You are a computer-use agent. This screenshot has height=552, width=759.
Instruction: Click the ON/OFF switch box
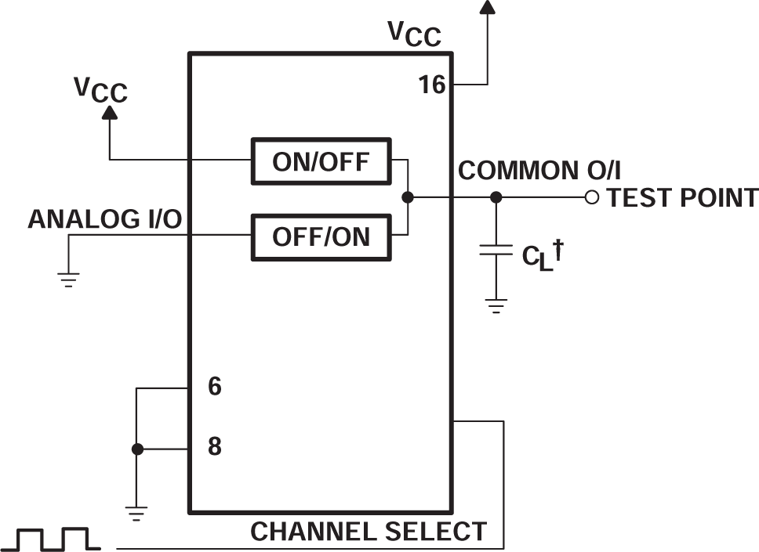(x=320, y=161)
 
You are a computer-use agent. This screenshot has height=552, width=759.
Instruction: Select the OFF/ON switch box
(x=320, y=236)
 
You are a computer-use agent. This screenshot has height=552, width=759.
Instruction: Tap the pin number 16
(x=432, y=85)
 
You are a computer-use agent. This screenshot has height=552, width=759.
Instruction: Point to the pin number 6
(x=214, y=387)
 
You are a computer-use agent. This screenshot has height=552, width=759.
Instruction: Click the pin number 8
(x=214, y=448)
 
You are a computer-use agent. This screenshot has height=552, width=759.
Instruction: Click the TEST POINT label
(x=682, y=198)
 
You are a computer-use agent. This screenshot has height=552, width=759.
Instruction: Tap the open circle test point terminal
(x=592, y=197)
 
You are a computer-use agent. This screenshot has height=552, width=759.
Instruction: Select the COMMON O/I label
(x=539, y=171)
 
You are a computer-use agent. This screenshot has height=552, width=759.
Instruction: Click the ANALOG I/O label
(x=105, y=220)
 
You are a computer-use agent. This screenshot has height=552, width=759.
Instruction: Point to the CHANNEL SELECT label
(x=369, y=532)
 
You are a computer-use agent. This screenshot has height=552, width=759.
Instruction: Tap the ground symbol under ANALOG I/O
(x=69, y=279)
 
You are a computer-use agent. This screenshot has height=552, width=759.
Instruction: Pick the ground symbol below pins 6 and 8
(x=136, y=513)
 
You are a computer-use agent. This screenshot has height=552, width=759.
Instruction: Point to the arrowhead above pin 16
(x=487, y=7)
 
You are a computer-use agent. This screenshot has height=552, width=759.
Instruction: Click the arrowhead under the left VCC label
(x=110, y=113)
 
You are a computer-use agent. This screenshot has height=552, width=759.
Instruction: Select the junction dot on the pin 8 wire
(x=137, y=449)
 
